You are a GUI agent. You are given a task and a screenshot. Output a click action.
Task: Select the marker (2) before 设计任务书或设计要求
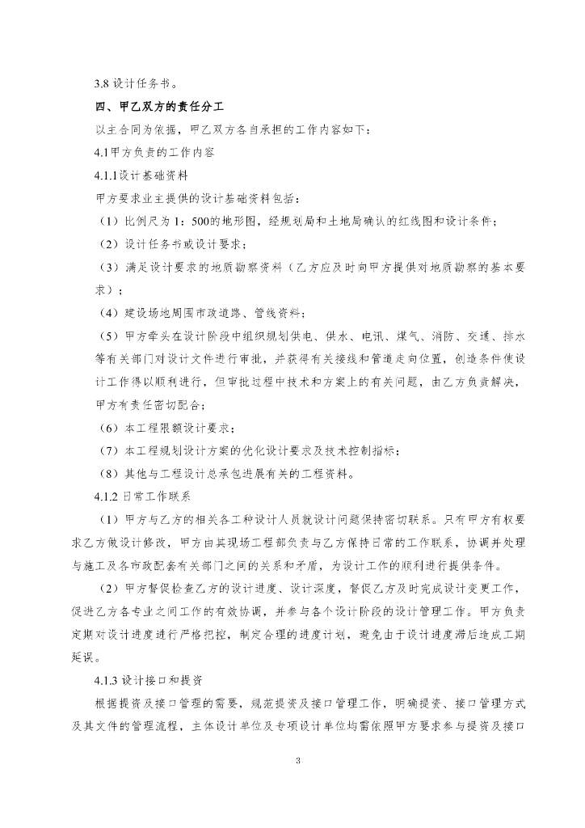pyautogui.click(x=109, y=243)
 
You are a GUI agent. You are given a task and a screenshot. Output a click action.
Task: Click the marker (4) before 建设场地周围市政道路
pyautogui.click(x=109, y=312)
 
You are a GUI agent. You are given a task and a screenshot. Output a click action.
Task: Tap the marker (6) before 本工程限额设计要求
pyautogui.click(x=109, y=427)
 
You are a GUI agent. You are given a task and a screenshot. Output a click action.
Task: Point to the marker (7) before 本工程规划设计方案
pyautogui.click(x=109, y=450)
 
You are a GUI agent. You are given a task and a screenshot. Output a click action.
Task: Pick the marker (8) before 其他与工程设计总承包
pyautogui.click(x=109, y=472)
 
